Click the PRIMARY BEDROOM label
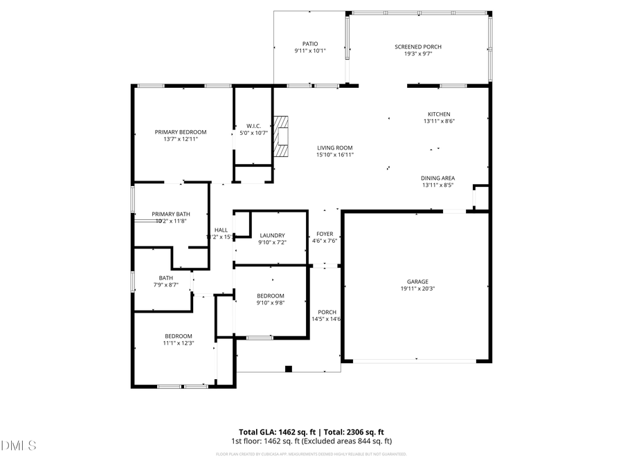point(181,131)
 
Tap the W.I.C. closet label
point(253,126)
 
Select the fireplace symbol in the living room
point(280,137)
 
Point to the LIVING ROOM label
point(335,147)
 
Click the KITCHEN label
point(439,114)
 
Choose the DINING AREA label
point(438,178)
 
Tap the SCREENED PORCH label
point(418,46)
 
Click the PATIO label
point(310,44)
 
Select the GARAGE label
point(417,282)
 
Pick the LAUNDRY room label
point(272,235)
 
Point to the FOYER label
point(325,234)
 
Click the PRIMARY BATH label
point(171,214)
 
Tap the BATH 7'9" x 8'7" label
point(166,278)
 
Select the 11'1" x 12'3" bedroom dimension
point(178,343)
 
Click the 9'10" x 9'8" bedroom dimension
point(271,302)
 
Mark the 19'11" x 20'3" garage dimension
point(417,289)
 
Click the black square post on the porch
point(289,369)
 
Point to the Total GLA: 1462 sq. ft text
point(276,432)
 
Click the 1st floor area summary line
point(311,441)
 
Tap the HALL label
point(221,230)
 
